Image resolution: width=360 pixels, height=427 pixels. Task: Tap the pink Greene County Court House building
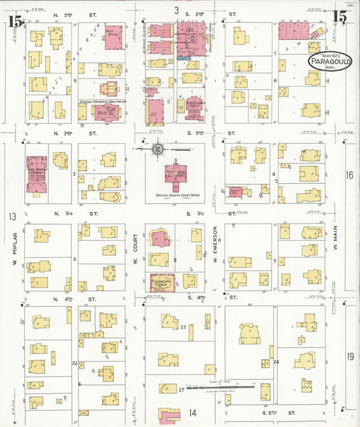176,176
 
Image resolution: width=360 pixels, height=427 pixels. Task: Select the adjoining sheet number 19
350,356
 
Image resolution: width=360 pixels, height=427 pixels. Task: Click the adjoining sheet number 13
11,217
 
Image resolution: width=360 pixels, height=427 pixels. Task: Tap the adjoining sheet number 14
192,413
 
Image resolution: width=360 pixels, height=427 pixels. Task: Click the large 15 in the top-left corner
16,22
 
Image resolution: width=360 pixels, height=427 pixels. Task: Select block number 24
276,362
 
